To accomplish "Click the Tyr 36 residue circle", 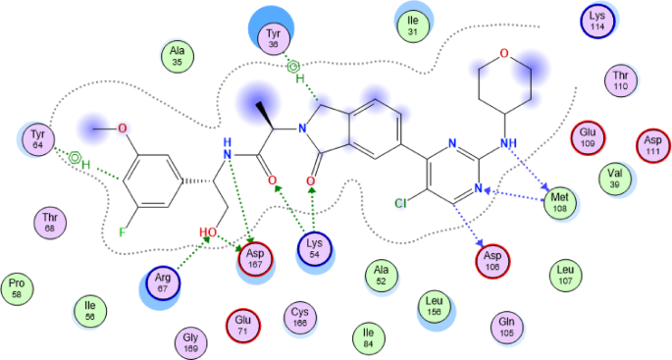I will [x=274, y=37].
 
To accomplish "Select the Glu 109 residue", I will [x=589, y=136].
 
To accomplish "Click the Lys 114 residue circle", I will [x=597, y=21].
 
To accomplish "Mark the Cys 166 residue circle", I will [x=300, y=315].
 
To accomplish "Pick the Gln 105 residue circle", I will [x=507, y=326].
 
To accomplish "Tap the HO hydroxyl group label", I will [x=207, y=234].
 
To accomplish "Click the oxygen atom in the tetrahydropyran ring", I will [x=504, y=54].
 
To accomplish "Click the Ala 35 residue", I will [x=178, y=56].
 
